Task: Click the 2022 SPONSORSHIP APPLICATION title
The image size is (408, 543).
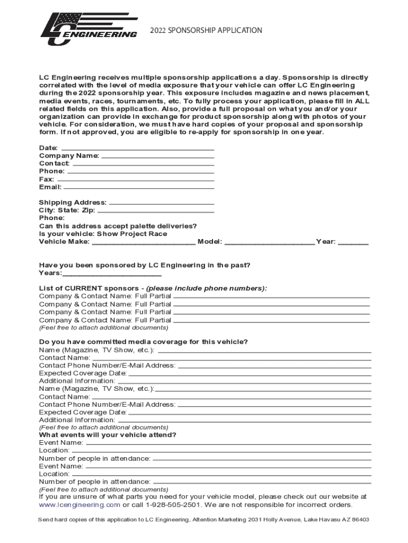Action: point(206,30)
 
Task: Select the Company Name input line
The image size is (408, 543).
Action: point(157,157)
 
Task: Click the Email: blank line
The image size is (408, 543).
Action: point(139,188)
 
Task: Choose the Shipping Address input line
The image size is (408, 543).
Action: point(161,204)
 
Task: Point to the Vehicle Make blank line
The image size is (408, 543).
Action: point(144,243)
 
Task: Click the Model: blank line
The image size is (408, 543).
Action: point(269,243)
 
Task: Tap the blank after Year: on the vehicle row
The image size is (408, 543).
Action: point(353,243)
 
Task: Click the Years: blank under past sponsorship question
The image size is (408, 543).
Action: point(112,275)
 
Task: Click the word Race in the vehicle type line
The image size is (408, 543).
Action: point(157,234)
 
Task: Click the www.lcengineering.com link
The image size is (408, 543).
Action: point(79,505)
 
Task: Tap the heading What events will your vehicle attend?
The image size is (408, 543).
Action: point(108,435)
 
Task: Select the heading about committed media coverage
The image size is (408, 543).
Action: point(143,341)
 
